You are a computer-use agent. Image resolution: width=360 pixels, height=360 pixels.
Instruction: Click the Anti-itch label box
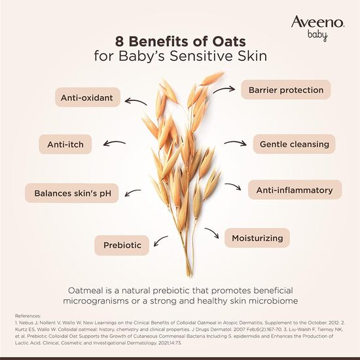coord(66,144)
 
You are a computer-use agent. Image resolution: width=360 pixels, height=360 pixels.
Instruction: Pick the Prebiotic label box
coord(122,245)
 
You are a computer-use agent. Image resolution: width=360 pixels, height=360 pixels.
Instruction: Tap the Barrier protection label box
coord(286,90)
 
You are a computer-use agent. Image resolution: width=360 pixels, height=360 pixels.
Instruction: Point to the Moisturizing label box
coord(257,238)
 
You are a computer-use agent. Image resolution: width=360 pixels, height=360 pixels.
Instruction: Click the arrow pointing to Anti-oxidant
coord(136,101)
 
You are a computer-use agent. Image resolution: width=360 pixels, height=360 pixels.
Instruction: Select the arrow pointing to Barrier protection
coord(226,88)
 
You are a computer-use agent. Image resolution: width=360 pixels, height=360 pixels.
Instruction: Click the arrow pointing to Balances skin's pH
coord(132,192)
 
